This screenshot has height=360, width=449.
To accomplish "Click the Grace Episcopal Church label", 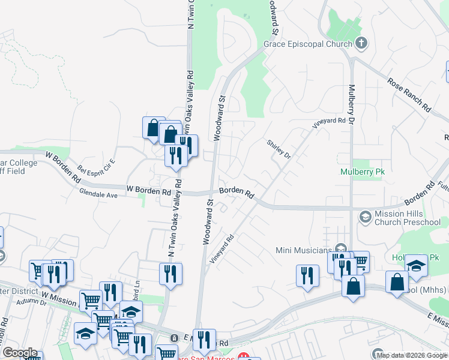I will [x=308, y=44].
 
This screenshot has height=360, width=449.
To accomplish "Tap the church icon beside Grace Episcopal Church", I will [x=361, y=43].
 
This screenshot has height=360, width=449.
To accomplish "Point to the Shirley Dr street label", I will [x=279, y=150].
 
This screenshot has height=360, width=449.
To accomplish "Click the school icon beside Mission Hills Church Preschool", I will [x=364, y=215].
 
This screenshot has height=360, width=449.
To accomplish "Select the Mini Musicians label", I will [x=304, y=250].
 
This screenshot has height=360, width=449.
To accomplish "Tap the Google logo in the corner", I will [x=19, y=353].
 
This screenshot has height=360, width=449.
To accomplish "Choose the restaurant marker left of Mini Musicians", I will [x=307, y=276].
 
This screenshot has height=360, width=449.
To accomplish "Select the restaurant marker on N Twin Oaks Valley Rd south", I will [x=170, y=274].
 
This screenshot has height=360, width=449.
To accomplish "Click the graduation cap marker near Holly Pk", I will [x=416, y=265].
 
